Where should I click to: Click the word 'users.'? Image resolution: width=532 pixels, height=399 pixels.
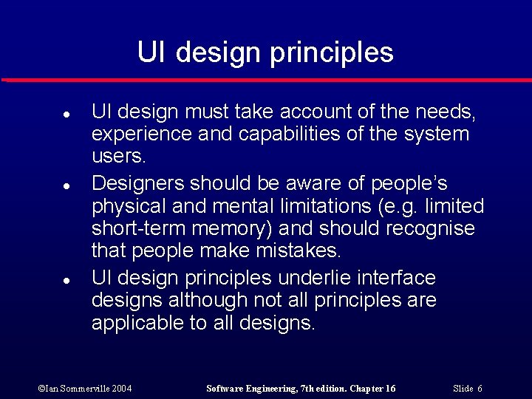[119, 157]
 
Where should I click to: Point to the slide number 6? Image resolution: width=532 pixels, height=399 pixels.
[480, 389]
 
